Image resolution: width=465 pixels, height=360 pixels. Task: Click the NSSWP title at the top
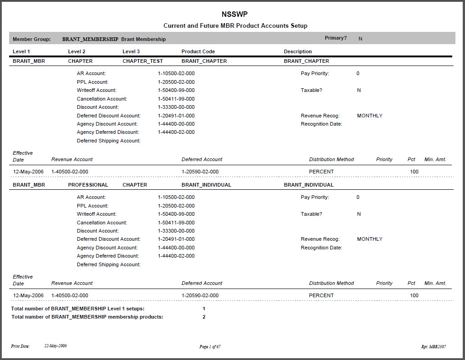(235, 15)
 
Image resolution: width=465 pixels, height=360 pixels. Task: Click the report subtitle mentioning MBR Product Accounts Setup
(235, 26)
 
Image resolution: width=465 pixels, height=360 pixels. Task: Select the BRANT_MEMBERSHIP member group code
(90, 39)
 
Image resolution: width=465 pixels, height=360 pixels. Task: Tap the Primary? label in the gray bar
(336, 38)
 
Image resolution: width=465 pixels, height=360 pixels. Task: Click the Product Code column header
(198, 52)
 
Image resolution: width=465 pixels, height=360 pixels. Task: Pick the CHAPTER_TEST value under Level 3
(142, 61)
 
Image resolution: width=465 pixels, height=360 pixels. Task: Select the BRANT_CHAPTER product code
(204, 61)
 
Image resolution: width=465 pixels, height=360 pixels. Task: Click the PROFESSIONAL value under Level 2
(88, 185)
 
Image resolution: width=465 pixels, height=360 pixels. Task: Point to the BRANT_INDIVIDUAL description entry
(308, 185)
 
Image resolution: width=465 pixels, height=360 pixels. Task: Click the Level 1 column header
(21, 52)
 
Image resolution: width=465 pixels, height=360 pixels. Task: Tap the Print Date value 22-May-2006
(56, 346)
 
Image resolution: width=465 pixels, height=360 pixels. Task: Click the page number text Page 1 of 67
(210, 347)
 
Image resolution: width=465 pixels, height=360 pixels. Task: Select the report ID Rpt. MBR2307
(434, 347)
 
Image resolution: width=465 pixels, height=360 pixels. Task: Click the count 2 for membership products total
(204, 317)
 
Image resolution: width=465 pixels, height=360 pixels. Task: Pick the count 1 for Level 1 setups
(204, 309)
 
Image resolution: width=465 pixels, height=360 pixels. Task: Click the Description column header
(298, 52)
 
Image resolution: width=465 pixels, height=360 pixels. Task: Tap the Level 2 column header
(76, 52)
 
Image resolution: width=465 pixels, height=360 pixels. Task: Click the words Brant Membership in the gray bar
(143, 40)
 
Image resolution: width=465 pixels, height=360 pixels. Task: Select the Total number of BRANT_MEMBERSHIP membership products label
(87, 317)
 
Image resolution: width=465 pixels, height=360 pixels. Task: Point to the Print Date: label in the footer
(20, 346)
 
